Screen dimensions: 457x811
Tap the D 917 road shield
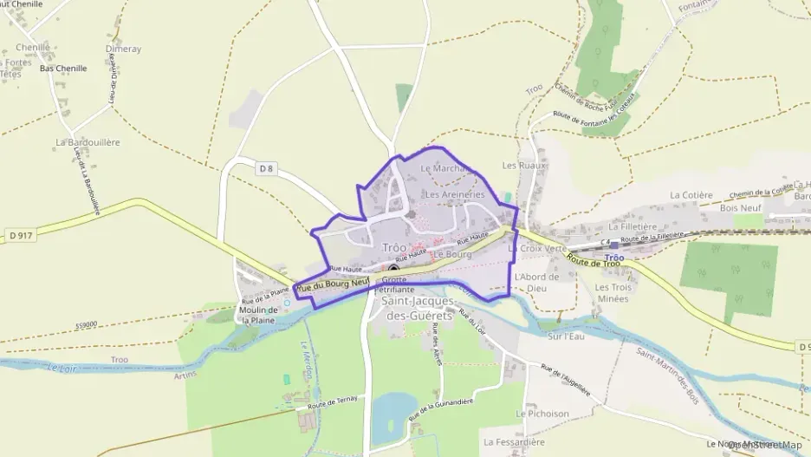(22, 235)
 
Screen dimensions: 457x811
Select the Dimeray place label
(123, 49)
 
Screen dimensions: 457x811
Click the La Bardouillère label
(88, 141)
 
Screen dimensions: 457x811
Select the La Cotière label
(691, 195)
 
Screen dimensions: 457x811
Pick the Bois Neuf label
(742, 208)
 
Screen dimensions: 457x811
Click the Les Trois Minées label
(613, 292)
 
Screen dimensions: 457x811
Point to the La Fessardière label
(515, 441)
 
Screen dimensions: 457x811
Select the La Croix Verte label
(536, 248)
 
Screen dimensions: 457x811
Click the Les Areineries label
(455, 195)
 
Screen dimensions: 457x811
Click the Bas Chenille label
(63, 68)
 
